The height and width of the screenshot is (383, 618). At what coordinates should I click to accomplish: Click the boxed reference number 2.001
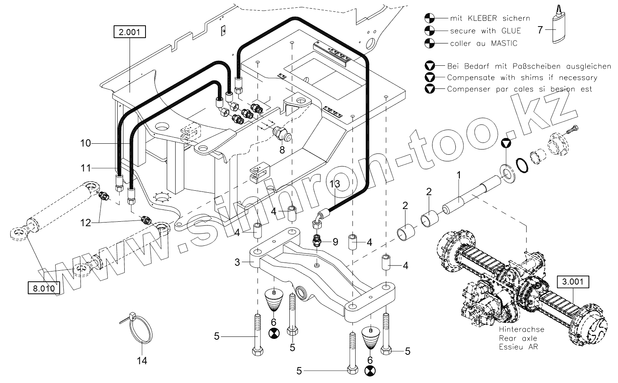pos(130,31)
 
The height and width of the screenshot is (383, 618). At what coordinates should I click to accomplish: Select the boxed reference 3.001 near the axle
pos(573,282)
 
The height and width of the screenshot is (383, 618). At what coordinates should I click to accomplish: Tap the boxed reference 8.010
pos(43,288)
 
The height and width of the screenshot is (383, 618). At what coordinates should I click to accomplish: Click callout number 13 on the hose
pos(335,184)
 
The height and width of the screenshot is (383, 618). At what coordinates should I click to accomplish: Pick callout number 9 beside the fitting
pos(336,242)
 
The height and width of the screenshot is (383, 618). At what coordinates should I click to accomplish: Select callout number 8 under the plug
pos(282,150)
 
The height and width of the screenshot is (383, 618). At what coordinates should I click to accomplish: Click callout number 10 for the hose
pos(85,143)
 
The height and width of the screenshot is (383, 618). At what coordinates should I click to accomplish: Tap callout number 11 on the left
pos(85,168)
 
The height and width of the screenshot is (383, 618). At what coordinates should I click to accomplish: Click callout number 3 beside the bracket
pos(237,262)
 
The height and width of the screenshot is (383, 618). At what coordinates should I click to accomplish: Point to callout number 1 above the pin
pos(459,175)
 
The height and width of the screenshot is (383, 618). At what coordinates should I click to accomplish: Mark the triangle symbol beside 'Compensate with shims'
pos(430,77)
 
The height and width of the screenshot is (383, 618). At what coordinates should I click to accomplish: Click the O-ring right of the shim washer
pos(521,165)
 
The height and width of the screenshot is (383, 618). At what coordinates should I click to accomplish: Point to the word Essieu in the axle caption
pos(510,347)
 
